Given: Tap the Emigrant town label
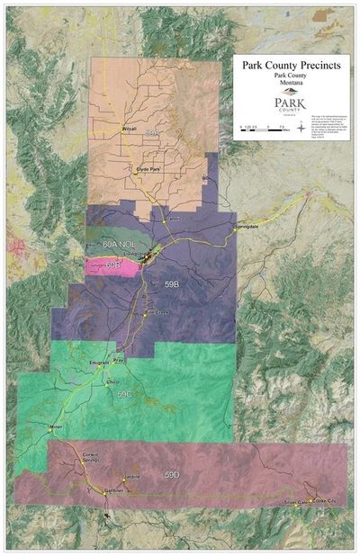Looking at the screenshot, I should tap(100, 363).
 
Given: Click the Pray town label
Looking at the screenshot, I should tap(119, 360).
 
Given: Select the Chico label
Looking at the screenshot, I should tap(112, 381).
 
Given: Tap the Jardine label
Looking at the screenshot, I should tap(132, 476).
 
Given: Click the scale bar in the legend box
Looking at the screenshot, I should tap(261, 128).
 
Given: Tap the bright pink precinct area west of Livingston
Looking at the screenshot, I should tap(113, 265).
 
